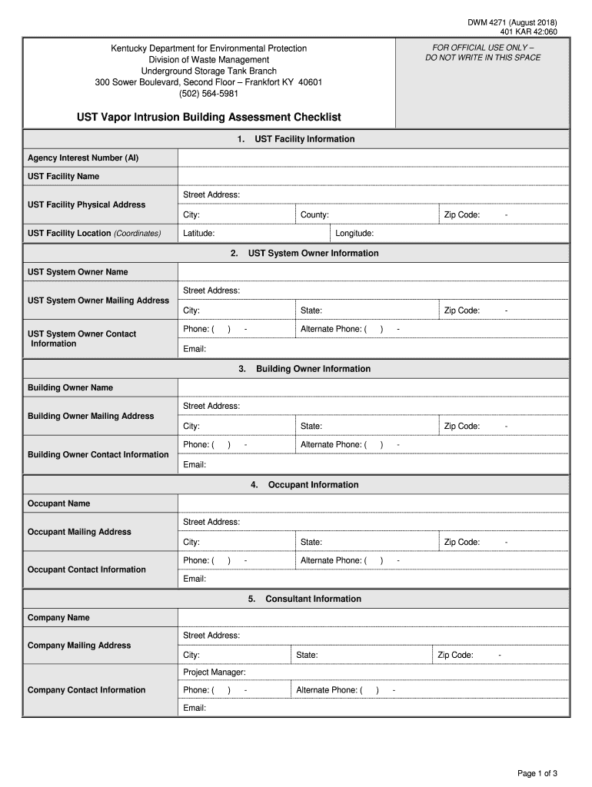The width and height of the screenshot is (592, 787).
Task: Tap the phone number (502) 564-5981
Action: click(x=208, y=94)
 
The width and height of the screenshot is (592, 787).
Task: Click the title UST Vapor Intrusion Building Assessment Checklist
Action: click(x=208, y=118)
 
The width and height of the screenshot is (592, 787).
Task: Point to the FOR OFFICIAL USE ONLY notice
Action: click(x=483, y=52)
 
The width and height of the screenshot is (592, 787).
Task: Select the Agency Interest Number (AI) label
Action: click(x=83, y=158)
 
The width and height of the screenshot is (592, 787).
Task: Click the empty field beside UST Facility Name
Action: click(x=373, y=177)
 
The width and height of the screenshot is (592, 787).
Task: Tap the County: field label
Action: click(x=314, y=215)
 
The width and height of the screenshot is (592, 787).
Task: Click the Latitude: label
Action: click(x=198, y=234)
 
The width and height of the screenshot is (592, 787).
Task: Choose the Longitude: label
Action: click(x=354, y=234)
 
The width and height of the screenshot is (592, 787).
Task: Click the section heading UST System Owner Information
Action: click(x=313, y=253)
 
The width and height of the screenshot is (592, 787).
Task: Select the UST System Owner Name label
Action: click(x=78, y=272)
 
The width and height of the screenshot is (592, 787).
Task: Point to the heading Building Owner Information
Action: click(x=313, y=369)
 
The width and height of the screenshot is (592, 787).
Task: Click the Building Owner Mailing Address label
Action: click(x=91, y=416)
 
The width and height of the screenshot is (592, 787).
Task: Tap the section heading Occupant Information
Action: click(x=313, y=485)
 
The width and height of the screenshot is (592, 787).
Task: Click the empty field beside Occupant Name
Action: click(x=373, y=503)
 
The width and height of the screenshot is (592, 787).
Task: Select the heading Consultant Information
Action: click(x=313, y=599)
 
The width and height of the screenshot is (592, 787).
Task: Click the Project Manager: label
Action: click(x=215, y=672)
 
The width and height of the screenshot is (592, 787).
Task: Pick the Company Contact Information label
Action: click(x=86, y=690)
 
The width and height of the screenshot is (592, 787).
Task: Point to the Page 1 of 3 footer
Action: click(x=537, y=773)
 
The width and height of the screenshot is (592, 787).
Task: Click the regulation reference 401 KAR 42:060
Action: click(x=528, y=32)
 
